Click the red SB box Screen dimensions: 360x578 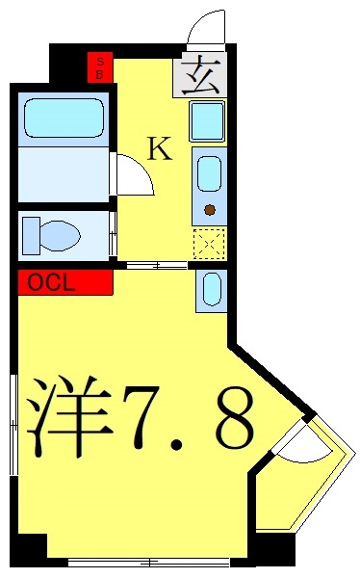coord(100,67)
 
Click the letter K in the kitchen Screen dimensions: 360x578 coord(160,148)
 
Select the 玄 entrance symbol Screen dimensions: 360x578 coord(200,75)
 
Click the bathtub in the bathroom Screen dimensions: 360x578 coord(64,118)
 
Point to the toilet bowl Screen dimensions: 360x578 coord(61,236)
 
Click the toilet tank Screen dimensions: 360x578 coord(31,236)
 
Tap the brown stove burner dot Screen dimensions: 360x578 coord(210,210)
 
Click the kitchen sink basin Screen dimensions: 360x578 coord(209,174)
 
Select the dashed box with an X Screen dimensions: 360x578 coord(210,244)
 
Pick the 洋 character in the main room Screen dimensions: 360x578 coord(69,417)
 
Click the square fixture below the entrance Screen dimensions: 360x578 coord(207,121)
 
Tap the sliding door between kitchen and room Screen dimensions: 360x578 coord(157,265)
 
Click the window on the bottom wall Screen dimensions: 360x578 coord(149,563)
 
